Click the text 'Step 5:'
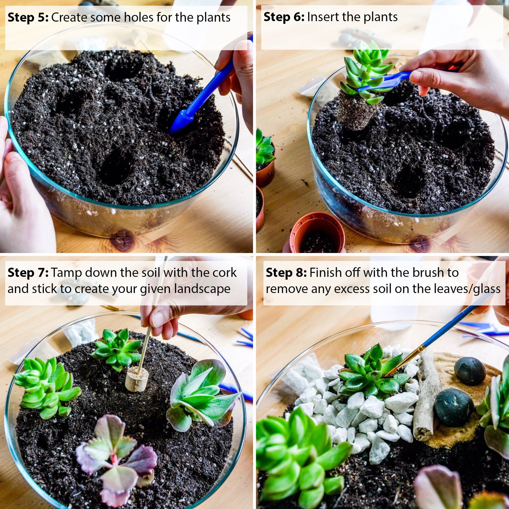pos(28,18)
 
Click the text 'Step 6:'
pos(284,17)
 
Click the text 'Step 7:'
pos(28,273)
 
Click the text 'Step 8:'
pos(286,273)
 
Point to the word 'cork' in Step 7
pos(225,273)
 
